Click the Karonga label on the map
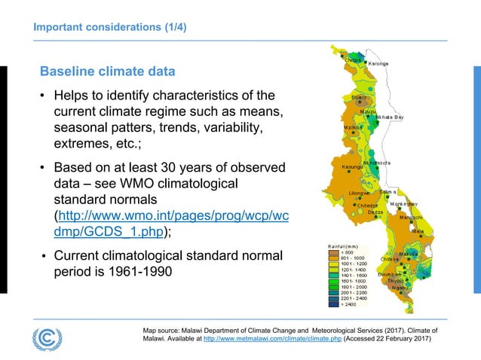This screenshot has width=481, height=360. (x=378, y=63)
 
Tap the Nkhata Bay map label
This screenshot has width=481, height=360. (x=389, y=117)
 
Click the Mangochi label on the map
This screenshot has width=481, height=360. (x=410, y=218)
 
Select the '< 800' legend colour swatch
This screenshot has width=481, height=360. (x=335, y=253)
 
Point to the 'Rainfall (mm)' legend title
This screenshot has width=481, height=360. (x=344, y=246)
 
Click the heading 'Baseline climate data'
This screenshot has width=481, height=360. (x=107, y=72)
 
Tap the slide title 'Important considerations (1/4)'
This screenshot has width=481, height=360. (x=109, y=29)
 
